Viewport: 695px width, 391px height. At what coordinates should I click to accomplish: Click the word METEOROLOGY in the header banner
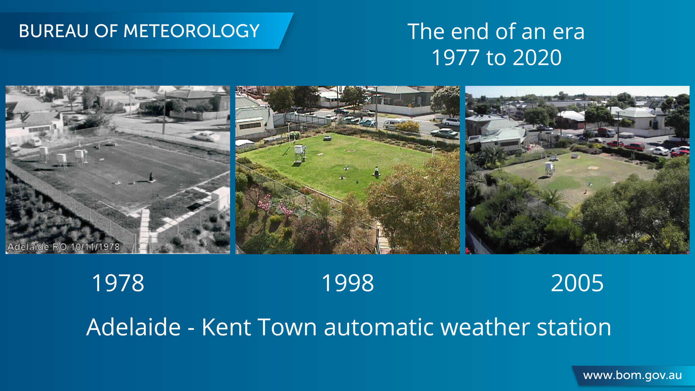pos(191,31)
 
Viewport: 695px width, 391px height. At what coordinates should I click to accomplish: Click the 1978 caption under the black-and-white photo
pos(118,283)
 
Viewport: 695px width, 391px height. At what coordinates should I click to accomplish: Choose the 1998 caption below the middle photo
pos(347,283)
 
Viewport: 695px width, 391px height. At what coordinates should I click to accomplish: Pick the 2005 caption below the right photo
pos(577,283)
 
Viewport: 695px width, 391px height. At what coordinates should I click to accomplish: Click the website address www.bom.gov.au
pos(633,375)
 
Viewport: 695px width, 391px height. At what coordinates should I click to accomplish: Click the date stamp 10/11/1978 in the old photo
pos(95,247)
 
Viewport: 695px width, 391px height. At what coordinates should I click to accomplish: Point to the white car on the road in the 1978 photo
pos(206,136)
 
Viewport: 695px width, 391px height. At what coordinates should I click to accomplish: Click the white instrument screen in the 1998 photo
pos(300,152)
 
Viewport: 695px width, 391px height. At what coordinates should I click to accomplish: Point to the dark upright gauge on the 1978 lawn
pos(151,177)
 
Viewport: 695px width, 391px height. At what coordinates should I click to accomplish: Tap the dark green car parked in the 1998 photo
pos(444,133)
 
